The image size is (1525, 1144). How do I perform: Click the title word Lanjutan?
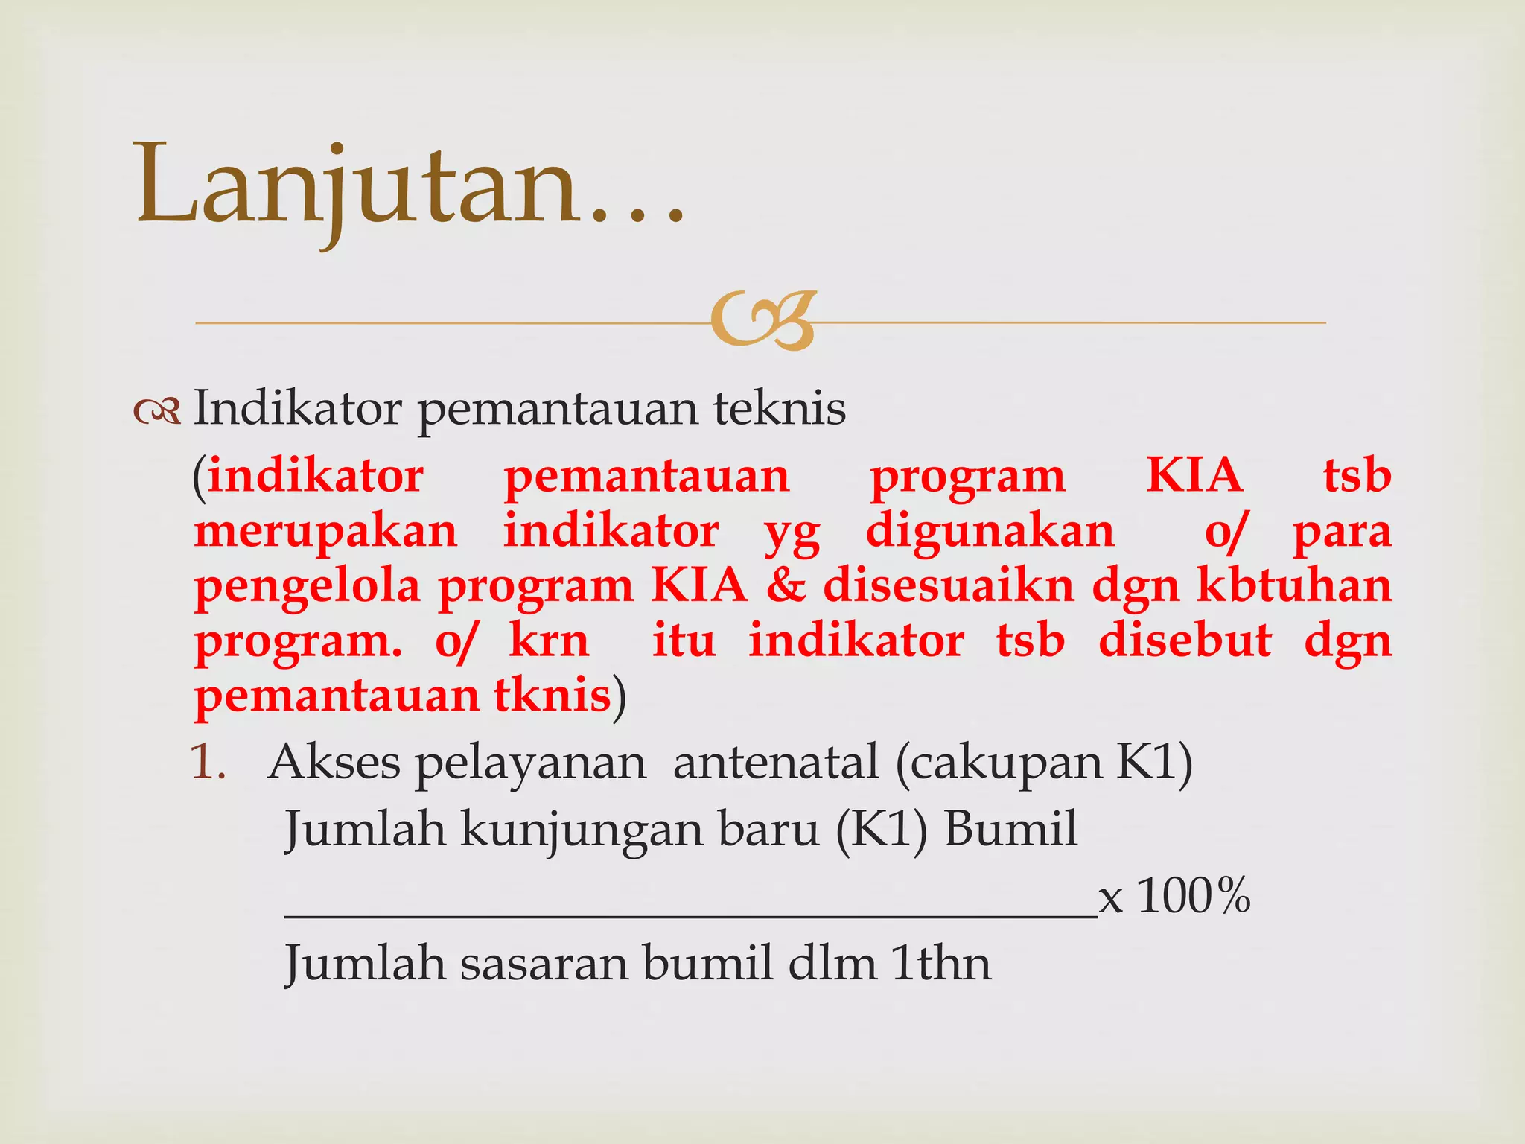357,186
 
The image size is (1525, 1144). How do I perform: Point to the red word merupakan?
325,532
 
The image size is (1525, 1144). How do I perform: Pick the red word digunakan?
990,532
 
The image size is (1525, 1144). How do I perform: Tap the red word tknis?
552,696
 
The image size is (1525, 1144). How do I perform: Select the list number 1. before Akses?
208,763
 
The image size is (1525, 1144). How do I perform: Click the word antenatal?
775,763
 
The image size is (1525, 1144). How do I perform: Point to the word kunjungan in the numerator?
581,830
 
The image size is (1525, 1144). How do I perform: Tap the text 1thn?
941,964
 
